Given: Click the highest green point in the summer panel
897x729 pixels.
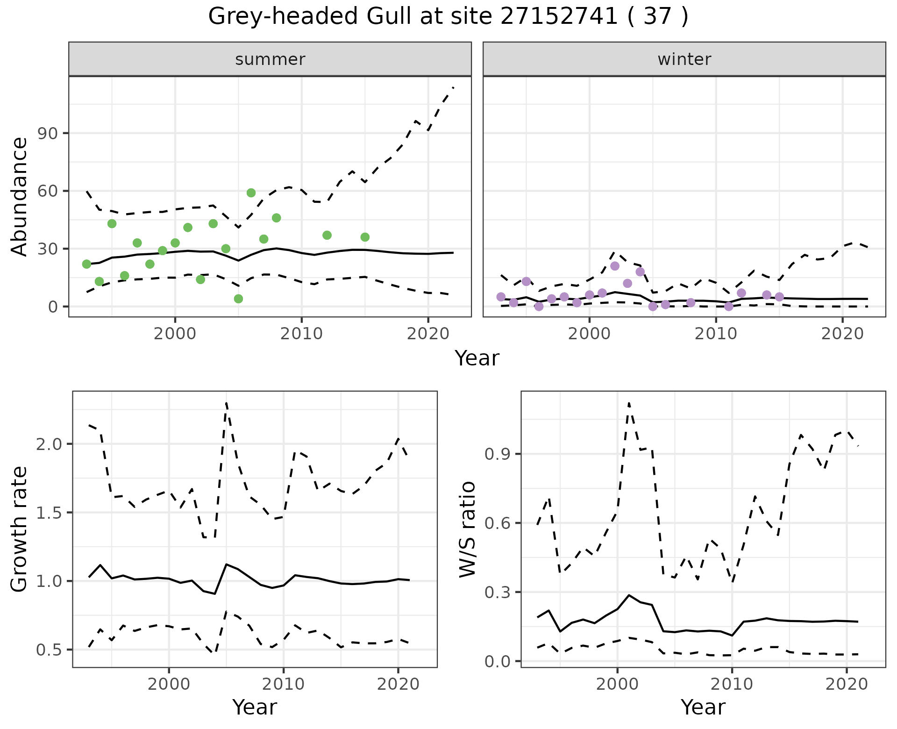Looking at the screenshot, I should click(251, 193).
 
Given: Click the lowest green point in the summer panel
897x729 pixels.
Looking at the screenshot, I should click(238, 299).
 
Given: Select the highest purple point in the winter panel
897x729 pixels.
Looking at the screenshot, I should click(615, 266).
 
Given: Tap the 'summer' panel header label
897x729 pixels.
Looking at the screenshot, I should click(270, 59).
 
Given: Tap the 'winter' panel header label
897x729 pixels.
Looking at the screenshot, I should click(684, 59).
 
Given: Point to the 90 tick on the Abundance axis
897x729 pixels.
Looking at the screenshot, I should click(47, 133).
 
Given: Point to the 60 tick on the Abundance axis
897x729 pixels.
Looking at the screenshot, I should click(47, 191).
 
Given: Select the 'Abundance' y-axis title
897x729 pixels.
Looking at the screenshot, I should click(20, 196).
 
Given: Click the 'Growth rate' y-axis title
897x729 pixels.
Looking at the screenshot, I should click(20, 529).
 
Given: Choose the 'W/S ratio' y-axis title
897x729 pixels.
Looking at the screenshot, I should click(467, 529).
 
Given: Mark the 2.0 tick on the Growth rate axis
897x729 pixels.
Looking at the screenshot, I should click(49, 444).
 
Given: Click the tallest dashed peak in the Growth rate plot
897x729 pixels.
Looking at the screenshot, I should click(226, 403).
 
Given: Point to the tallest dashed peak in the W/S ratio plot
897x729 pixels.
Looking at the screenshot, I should click(629, 403).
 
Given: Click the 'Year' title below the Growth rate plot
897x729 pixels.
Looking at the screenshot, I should click(255, 707).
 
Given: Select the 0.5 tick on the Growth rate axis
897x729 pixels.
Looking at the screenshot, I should click(49, 650).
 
